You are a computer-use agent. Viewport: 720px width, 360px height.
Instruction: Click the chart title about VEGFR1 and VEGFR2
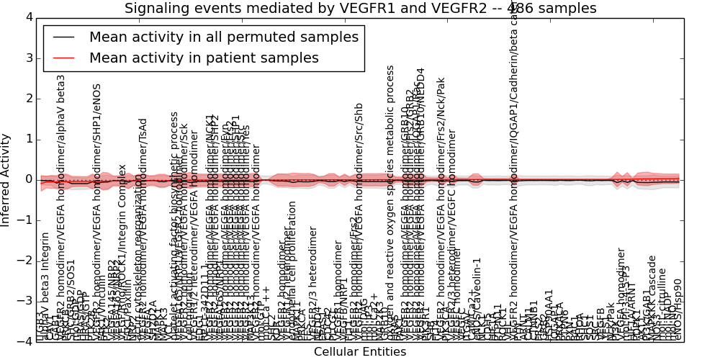click(x=360, y=9)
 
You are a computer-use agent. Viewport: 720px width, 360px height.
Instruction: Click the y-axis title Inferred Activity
click(x=6, y=179)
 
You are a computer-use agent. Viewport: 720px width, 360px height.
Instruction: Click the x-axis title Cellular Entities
click(x=360, y=352)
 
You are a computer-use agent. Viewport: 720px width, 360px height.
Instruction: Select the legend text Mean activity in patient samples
click(x=204, y=58)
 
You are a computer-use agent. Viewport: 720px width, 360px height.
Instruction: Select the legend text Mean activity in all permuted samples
click(x=223, y=37)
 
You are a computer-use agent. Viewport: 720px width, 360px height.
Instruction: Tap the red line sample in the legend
click(x=63, y=58)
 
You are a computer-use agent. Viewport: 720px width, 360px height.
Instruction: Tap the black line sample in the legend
click(x=63, y=37)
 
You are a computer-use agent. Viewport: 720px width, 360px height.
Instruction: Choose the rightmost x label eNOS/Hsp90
click(x=677, y=310)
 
